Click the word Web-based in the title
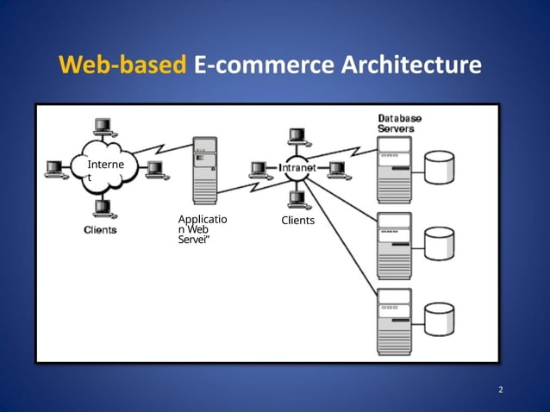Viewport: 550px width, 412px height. pos(122,66)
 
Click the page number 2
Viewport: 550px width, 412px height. pos(500,390)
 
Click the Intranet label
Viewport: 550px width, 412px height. pos(297,167)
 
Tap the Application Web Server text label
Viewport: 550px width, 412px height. pos(203,228)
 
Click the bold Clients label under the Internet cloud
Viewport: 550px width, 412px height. pos(101,229)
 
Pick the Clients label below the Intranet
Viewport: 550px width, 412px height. pos(298,221)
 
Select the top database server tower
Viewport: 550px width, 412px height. pos(394,171)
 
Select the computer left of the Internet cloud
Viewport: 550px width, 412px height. pos(56,168)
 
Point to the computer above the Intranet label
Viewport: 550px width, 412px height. pos(297,137)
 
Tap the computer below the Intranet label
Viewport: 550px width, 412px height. pos(297,200)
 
